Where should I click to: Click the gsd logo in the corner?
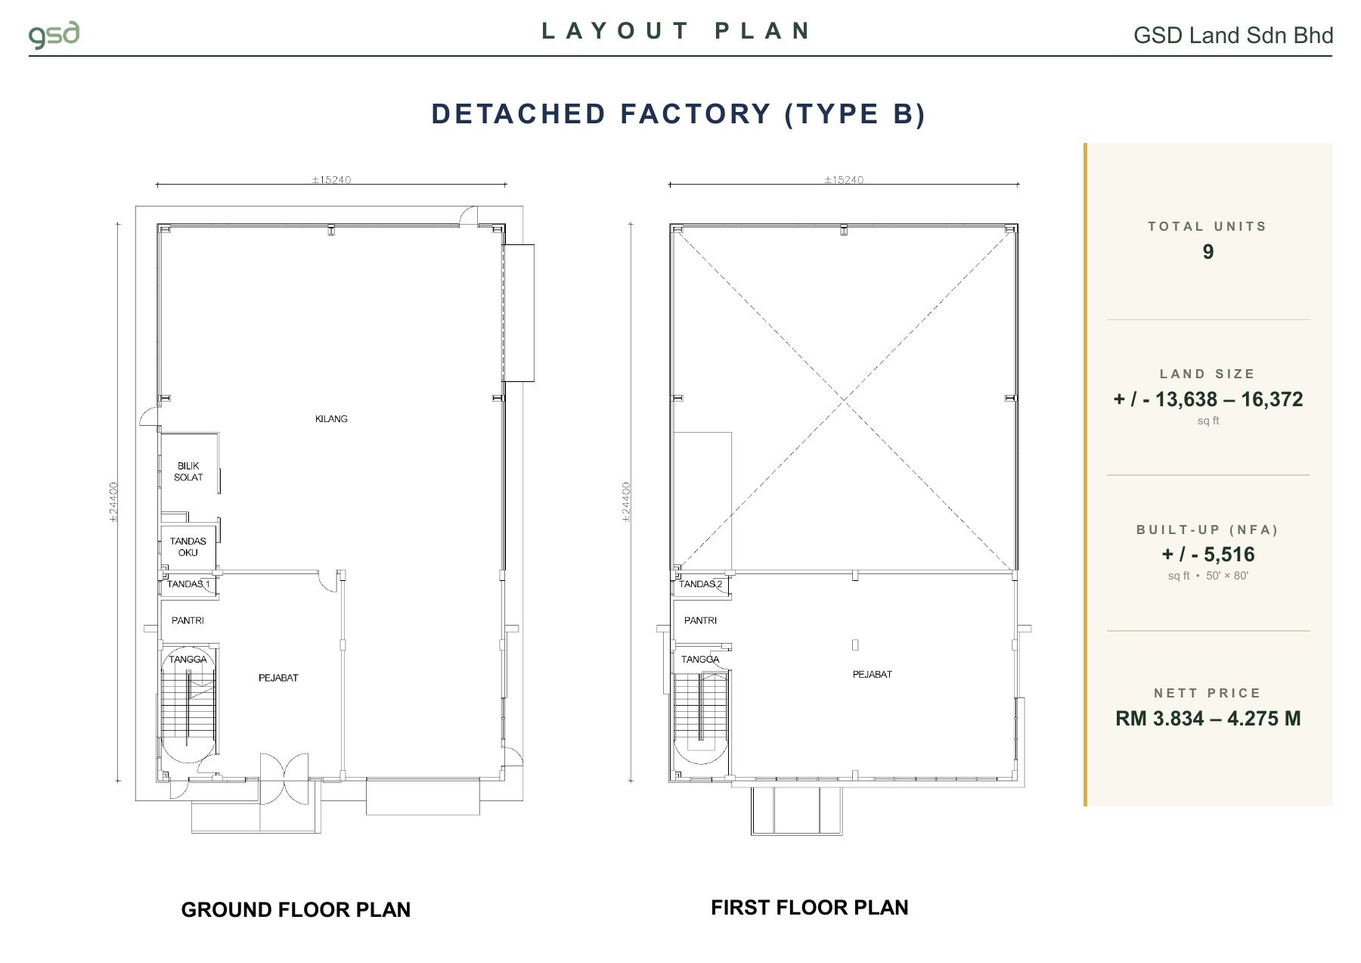[x=54, y=36]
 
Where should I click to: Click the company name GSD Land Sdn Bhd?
[x=1233, y=36]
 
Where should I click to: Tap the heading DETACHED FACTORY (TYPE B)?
[x=678, y=113]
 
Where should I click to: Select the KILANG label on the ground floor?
[x=331, y=419]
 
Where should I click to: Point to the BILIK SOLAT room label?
[x=188, y=471]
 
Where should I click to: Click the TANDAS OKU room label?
[x=188, y=547]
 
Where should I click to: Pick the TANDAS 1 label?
[x=188, y=584]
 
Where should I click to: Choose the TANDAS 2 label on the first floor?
[x=700, y=584]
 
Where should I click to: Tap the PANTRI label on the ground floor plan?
[x=188, y=620]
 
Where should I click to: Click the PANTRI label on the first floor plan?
[x=700, y=620]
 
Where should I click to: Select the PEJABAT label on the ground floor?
[x=278, y=678]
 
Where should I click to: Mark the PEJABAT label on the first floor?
[x=873, y=674]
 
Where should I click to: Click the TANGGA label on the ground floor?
[x=188, y=659]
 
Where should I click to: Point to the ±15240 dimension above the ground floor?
[x=331, y=180]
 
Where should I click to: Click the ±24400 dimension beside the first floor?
[x=626, y=502]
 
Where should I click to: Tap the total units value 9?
[x=1208, y=252]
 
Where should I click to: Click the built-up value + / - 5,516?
[x=1208, y=555]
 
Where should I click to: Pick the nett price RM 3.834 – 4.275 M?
[x=1208, y=719]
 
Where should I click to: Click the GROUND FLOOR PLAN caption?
[x=296, y=910]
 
